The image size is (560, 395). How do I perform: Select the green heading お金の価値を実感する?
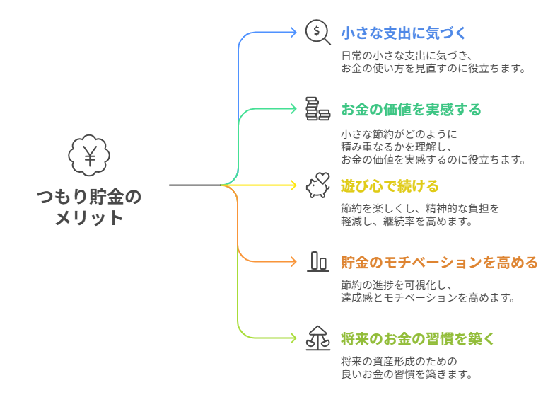tap(411, 110)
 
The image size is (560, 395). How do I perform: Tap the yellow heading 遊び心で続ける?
tap(390, 186)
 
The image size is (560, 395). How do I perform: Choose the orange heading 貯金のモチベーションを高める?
tap(439, 263)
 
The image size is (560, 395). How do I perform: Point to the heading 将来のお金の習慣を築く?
tap(418, 339)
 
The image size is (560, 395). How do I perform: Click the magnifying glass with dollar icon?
tap(317, 33)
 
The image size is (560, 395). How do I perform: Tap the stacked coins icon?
tap(317, 109)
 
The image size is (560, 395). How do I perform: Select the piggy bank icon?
tap(317, 185)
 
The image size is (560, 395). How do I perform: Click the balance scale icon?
tap(317, 338)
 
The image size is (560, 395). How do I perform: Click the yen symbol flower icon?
tap(90, 156)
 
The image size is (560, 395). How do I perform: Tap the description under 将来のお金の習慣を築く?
tap(406, 367)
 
